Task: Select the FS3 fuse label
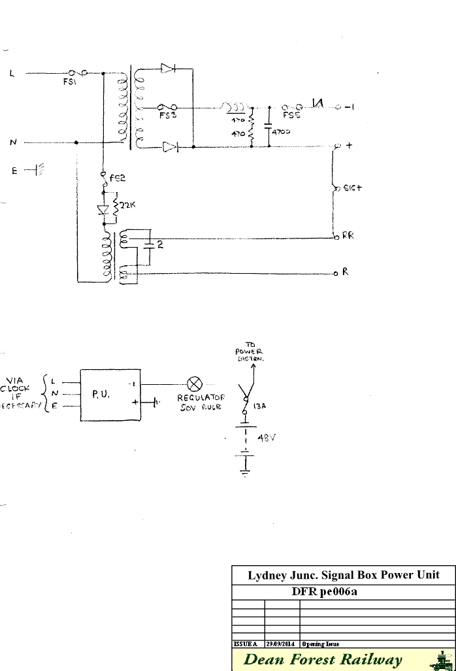coord(169,115)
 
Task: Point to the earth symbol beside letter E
coord(39,171)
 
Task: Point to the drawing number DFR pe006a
coord(343,593)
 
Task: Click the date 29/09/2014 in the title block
coord(282,644)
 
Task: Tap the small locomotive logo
coord(444,659)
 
